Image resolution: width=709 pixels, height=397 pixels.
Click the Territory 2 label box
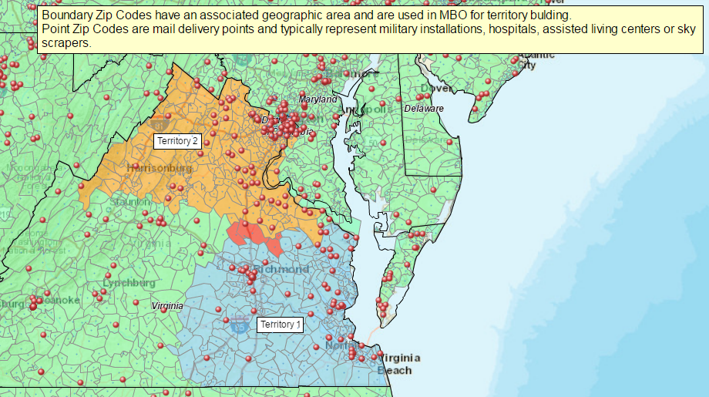click(178, 141)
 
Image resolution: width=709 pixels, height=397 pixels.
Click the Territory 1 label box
click(280, 325)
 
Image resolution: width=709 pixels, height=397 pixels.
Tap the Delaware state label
click(424, 109)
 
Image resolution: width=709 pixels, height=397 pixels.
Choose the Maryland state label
click(318, 100)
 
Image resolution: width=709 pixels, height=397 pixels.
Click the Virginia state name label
click(167, 306)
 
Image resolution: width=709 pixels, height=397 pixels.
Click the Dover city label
click(442, 88)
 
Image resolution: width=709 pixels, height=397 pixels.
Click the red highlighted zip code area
click(255, 235)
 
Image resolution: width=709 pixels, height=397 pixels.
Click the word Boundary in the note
click(66, 15)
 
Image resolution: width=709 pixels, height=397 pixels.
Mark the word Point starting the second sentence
click(55, 29)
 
